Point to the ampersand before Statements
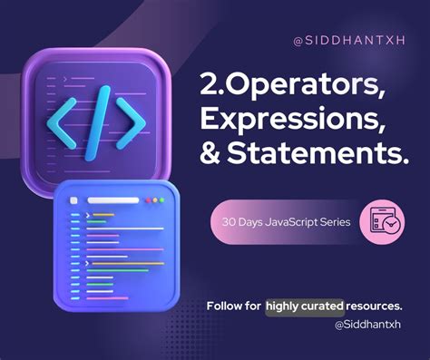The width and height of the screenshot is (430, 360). tap(211, 157)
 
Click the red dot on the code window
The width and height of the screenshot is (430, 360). tap(165, 200)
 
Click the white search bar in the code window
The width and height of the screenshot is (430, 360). tap(113, 200)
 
